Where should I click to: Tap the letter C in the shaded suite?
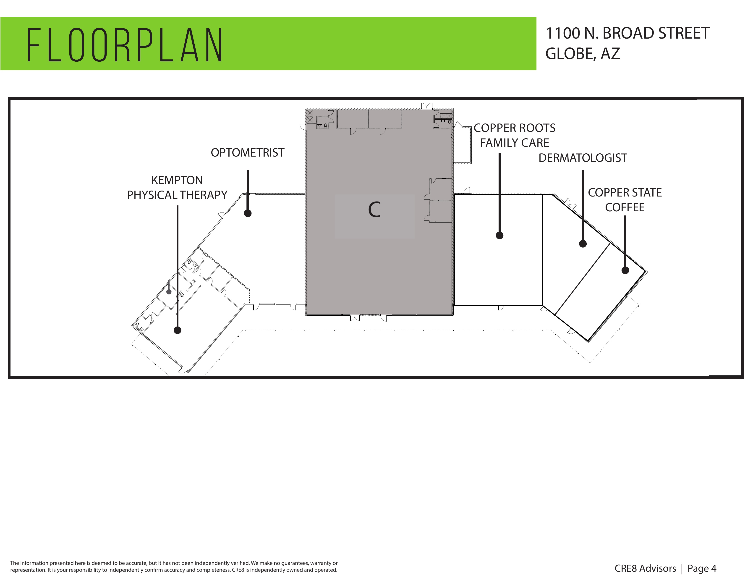[374, 210]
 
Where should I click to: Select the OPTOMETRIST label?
[248, 153]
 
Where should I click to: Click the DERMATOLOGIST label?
[583, 158]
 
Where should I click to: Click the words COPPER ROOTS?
[514, 128]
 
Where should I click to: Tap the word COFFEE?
[625, 207]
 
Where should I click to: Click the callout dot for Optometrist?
[248, 213]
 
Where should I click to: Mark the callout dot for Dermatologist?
[583, 244]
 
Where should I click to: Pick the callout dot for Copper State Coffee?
[625, 270]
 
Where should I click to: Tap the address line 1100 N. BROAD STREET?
[627, 34]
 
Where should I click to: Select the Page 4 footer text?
[702, 569]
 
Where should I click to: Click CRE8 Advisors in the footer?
[645, 569]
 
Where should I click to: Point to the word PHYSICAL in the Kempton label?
[152, 195]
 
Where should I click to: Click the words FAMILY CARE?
[514, 143]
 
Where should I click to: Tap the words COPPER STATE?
[625, 193]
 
